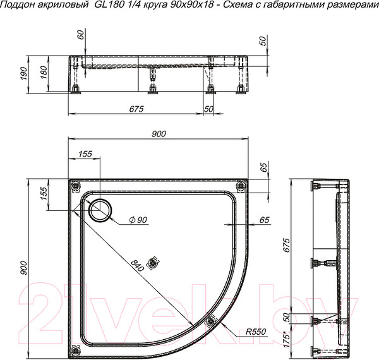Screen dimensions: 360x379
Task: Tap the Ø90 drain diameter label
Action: point(137,219)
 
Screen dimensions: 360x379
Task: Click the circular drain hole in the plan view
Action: point(99,210)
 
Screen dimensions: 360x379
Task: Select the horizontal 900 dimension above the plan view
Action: point(158,133)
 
